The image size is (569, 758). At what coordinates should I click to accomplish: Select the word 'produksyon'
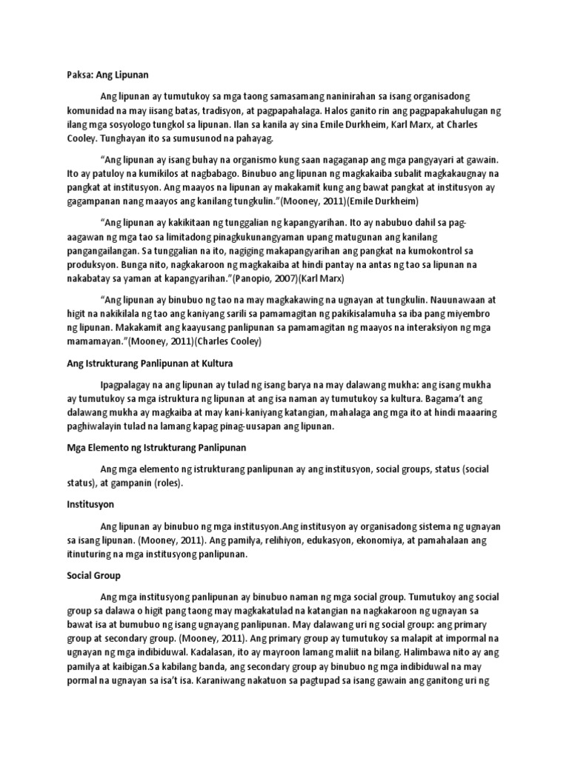point(84,252)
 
